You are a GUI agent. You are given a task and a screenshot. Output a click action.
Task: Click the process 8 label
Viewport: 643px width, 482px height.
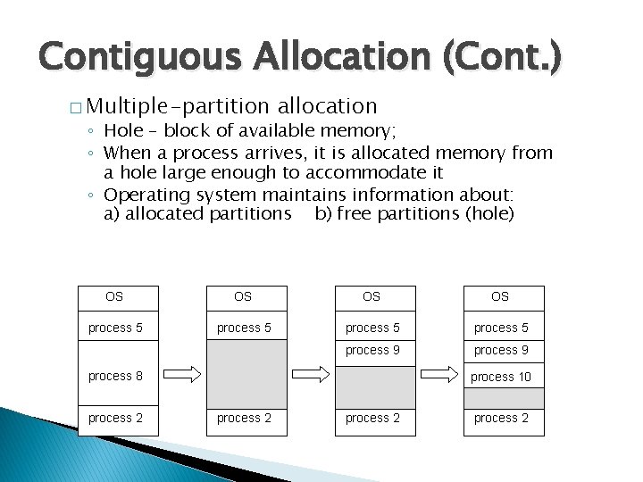coord(115,376)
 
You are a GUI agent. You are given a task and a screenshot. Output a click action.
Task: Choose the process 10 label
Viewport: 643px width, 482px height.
coord(501,376)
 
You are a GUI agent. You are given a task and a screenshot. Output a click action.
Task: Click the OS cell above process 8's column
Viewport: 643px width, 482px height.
coord(114,296)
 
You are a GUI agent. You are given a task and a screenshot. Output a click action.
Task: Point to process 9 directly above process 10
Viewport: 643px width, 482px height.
coord(501,350)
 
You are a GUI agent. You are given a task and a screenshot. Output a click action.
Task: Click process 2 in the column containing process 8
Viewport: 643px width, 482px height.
coord(115,418)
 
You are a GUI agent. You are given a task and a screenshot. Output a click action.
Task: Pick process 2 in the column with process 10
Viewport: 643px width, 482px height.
coord(501,418)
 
